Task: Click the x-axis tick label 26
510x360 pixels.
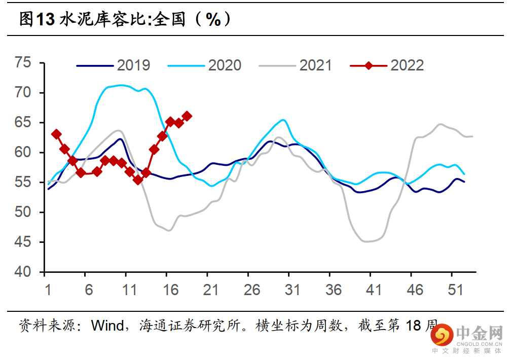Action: pos(252,290)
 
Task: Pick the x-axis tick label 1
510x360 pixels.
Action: pos(49,290)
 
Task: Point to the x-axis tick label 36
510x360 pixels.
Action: pos(334,290)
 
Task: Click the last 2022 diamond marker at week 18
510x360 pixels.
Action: pos(187,116)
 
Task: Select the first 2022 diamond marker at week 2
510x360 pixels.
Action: pos(57,134)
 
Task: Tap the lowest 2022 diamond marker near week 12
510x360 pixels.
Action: pos(138,179)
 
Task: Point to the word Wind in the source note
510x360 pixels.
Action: pos(107,325)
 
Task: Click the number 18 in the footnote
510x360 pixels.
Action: pos(413,325)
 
